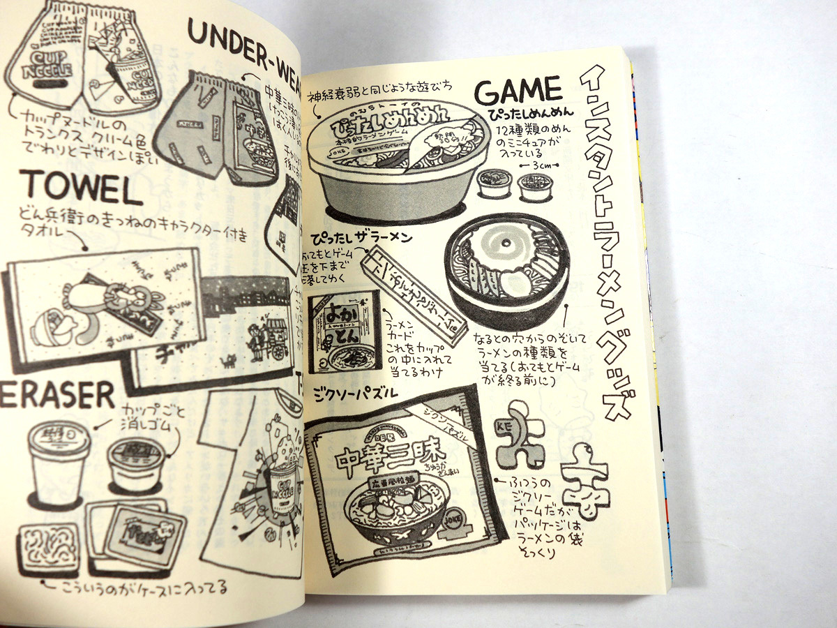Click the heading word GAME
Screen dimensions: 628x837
pyautogui.click(x=518, y=91)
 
